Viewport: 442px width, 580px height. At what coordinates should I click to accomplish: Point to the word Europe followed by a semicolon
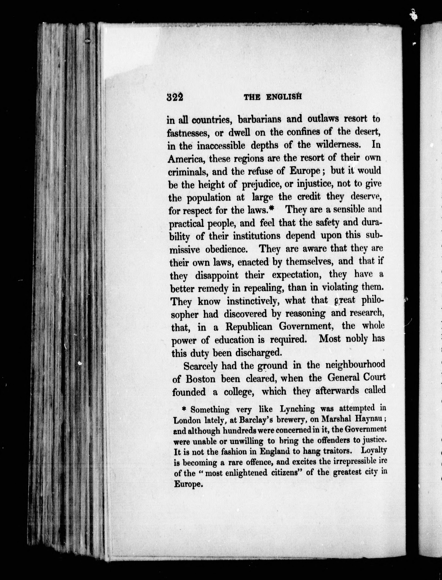tap(305, 171)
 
